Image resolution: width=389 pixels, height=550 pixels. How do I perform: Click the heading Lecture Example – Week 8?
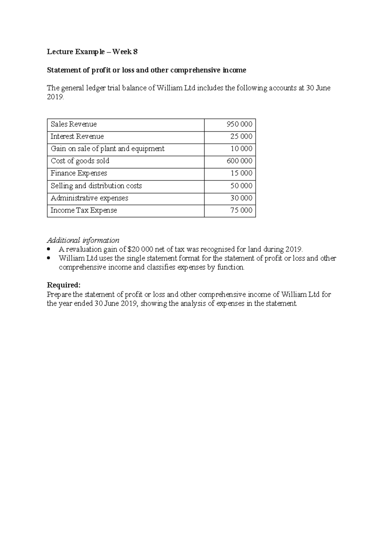pos(92,52)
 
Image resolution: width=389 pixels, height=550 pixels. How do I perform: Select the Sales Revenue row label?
pos(74,125)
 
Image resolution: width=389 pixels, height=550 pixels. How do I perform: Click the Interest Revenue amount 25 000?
pos(241,137)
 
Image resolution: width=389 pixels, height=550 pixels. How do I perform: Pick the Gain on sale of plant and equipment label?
pos(107,149)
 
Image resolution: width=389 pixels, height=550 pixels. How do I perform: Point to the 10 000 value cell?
pos(241,149)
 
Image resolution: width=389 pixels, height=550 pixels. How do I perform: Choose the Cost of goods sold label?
pos(80,161)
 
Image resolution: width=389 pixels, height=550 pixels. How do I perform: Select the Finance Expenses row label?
pos(79,173)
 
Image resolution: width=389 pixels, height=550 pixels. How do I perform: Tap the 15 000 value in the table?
pos(241,173)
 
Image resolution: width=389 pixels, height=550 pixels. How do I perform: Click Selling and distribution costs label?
pos(96,186)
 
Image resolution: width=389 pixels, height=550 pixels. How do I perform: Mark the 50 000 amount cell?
pos(241,186)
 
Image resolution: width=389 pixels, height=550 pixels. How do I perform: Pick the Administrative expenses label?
pos(89,198)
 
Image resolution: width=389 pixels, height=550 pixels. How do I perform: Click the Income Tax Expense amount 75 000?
pos(241,210)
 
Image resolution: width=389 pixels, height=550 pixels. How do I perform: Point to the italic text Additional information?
pos(83,240)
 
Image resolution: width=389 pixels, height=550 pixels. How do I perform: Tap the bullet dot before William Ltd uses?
pos(49,258)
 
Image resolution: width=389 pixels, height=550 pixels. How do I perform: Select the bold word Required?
pos(64,285)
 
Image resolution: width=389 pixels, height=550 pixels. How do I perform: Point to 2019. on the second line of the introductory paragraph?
pos(55,97)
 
